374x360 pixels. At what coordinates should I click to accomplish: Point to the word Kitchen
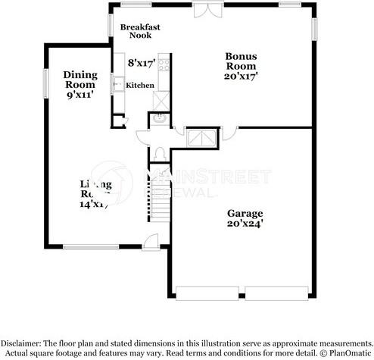139,86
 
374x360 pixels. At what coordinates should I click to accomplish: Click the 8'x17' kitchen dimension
142,64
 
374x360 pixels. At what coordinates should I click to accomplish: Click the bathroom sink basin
161,118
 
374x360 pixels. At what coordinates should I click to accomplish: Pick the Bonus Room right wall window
314,27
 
